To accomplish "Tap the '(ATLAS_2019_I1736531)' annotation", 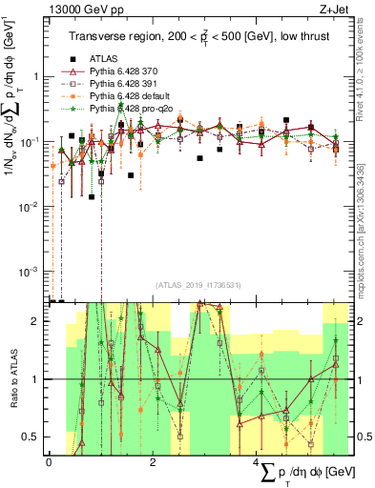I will tap(198, 284).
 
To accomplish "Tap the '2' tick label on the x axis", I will tap(153, 461).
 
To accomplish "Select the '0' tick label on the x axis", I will tap(49, 461).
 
